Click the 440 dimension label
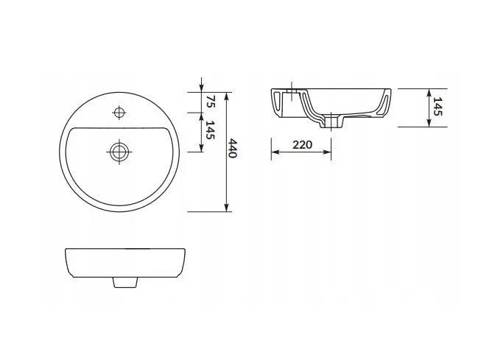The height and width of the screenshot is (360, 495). pos(232,148)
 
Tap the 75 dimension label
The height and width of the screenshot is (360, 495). pos(211,102)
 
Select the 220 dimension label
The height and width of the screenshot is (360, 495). pos(303,145)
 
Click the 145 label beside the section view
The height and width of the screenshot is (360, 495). pos(438,106)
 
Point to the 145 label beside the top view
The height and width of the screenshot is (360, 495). pos(211,130)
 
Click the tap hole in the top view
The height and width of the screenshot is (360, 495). pos(119,113)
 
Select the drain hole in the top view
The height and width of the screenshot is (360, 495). pos(119,152)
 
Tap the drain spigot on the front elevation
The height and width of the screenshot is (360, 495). pos(125,283)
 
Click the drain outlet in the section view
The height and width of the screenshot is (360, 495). pos(331,122)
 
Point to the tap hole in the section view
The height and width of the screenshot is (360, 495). pos(292,94)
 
